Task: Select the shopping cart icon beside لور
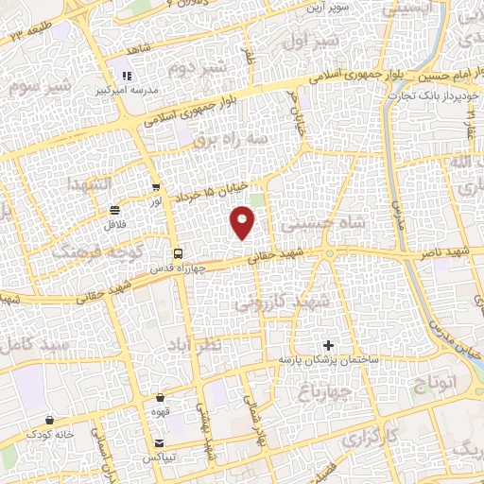point(156,187)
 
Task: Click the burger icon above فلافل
point(114,210)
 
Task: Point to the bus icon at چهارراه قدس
point(178,252)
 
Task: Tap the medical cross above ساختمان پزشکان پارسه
point(328,346)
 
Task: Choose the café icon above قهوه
point(160,398)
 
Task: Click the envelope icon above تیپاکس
point(159,443)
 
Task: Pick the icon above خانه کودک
point(49,420)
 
